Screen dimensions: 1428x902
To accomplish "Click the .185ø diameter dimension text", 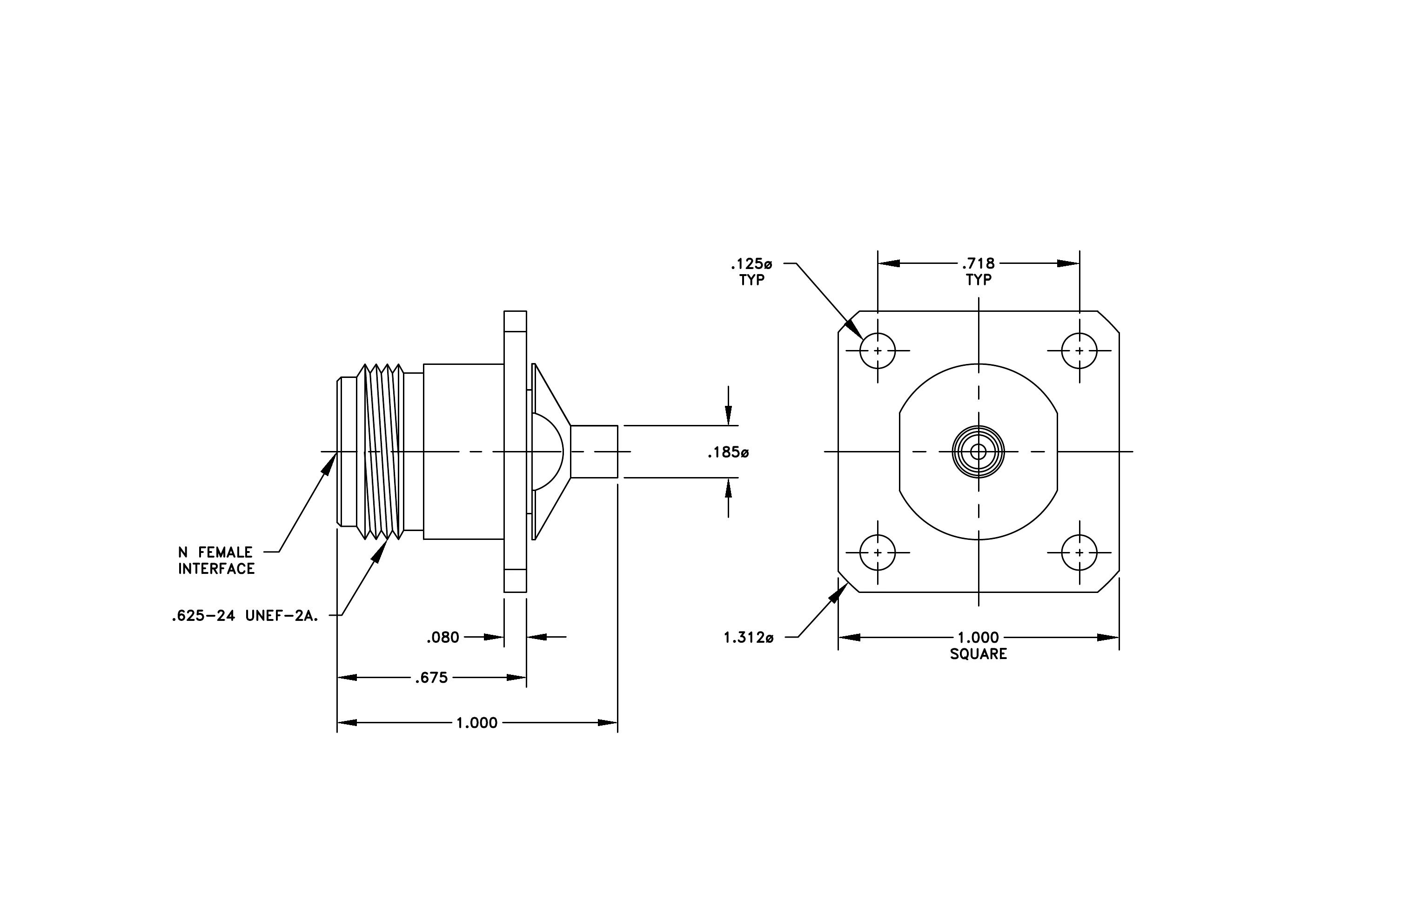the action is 728,453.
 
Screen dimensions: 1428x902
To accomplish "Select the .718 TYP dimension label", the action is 979,271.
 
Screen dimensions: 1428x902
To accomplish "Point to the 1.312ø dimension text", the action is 748,638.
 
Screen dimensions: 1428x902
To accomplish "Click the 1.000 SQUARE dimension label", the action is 979,646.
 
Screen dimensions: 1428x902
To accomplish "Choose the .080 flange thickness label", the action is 443,638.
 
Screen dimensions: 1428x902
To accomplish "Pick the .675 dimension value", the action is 432,678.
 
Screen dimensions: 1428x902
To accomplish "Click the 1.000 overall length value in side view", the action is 477,723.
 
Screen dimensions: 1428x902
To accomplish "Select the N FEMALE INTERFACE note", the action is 216,560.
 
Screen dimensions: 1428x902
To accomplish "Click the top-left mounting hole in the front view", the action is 878,350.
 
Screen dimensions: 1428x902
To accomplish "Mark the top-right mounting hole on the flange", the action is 1079,350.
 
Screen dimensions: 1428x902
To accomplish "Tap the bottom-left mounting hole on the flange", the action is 878,553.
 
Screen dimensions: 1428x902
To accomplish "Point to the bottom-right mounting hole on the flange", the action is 1079,553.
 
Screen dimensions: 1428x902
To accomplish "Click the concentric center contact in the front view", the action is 979,452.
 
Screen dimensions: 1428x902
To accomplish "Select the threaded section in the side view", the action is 380,452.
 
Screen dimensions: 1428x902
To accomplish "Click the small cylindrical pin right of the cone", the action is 594,451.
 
